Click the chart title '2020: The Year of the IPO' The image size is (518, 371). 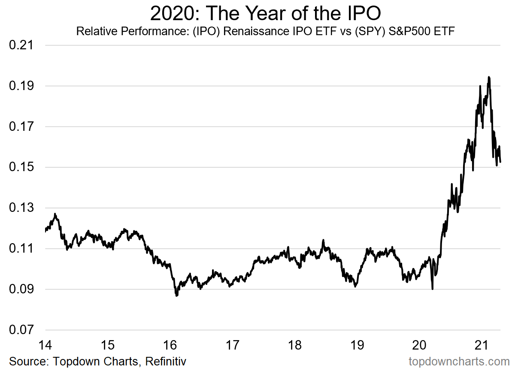pyautogui.click(x=265, y=14)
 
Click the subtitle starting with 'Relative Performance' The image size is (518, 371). pyautogui.click(x=265, y=31)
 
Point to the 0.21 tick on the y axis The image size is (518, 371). pyautogui.click(x=21, y=45)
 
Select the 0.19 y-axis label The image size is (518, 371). pyautogui.click(x=21, y=86)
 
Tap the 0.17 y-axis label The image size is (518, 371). pyautogui.click(x=21, y=127)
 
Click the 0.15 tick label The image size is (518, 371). pyautogui.click(x=21, y=167)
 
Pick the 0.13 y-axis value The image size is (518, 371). pyautogui.click(x=21, y=208)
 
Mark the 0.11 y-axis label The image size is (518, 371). pyautogui.click(x=21, y=249)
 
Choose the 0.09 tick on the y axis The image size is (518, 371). pyautogui.click(x=21, y=290)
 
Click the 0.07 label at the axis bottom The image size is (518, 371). pyautogui.click(x=21, y=330)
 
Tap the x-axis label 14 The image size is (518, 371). pyautogui.click(x=45, y=345)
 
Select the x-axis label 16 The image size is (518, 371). pyautogui.click(x=170, y=345)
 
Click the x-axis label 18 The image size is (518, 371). pyautogui.click(x=295, y=345)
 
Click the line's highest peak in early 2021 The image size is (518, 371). pyautogui.click(x=489, y=77)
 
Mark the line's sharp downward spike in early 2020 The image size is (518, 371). pyautogui.click(x=432, y=289)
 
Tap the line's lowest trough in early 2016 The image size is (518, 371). pyautogui.click(x=176, y=296)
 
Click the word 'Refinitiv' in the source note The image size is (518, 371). pyautogui.click(x=166, y=361)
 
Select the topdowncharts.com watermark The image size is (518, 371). pyautogui.click(x=459, y=361)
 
